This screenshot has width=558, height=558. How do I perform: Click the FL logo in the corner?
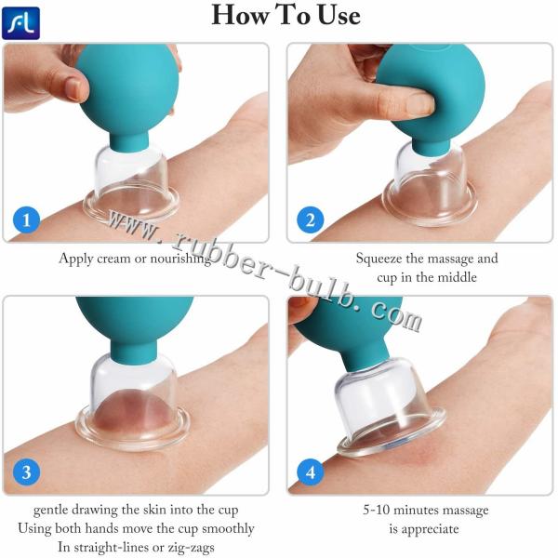(20, 20)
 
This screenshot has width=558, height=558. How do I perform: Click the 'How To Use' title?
(286, 16)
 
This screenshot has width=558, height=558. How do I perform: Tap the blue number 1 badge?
(29, 219)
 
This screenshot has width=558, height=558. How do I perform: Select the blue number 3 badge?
(29, 472)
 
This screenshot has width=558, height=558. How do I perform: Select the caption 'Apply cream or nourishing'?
(135, 259)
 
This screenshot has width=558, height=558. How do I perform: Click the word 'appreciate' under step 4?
(429, 528)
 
